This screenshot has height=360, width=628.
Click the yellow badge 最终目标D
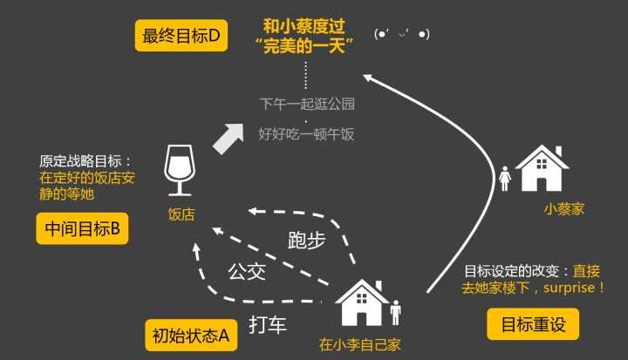pos(181,36)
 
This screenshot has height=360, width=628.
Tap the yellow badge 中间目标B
pos(83,228)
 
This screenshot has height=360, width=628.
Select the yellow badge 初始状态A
pos(191,336)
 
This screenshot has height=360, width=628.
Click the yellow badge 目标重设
pos(533,324)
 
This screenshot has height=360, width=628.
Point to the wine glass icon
pos(180,170)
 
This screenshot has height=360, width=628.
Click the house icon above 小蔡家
pos(542,168)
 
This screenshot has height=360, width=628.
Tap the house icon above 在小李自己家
pos(362,302)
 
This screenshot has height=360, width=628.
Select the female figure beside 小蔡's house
pos(505,179)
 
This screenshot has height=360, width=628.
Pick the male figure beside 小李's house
pos(396,312)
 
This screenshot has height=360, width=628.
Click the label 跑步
pos(307,241)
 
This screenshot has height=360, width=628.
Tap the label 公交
pos(247,272)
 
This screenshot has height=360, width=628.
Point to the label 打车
pos(268,324)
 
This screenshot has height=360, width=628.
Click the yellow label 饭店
pos(181,214)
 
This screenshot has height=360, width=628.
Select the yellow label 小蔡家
pos(564,208)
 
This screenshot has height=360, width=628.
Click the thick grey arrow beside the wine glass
pos(229,139)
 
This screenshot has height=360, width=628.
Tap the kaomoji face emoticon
pos(402,34)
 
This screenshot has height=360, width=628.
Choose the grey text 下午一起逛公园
pos(307,104)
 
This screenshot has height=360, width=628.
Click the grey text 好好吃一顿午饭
pos(306,133)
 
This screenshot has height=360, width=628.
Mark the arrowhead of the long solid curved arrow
pos(368,78)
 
